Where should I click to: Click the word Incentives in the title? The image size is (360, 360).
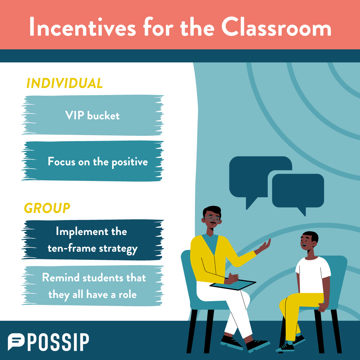point(83,27)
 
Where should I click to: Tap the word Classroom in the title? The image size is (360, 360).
point(276,27)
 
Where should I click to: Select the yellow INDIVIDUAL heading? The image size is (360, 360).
point(65,83)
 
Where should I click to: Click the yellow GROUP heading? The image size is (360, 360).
point(47,208)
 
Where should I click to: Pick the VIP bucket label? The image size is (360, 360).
point(92,115)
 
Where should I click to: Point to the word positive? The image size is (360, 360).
point(130,162)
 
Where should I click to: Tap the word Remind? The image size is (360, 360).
point(61,278)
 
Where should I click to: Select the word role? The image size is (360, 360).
point(128,295)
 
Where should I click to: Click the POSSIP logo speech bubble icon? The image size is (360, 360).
point(16,341)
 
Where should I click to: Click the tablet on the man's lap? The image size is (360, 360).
point(233,285)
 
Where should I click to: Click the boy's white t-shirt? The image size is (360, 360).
point(313,275)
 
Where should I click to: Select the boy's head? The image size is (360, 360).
point(309,241)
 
